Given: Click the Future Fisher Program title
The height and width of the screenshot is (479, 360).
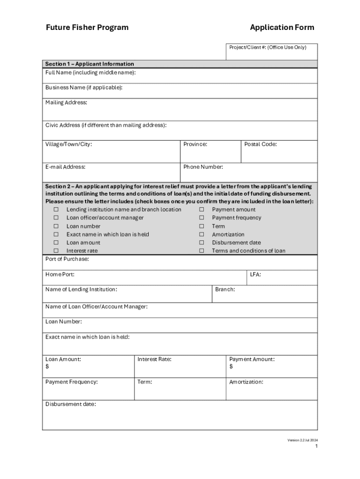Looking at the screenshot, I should tap(87, 28).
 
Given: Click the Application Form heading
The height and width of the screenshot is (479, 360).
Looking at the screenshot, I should tap(282, 28).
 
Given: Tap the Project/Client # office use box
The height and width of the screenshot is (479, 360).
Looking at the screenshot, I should tap(272, 52).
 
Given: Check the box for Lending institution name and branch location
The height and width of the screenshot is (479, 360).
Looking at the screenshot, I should tap(56, 210).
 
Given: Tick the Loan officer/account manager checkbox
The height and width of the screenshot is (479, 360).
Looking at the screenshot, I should tap(56, 218).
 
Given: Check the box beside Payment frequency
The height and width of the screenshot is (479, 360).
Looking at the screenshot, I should tap(202, 218).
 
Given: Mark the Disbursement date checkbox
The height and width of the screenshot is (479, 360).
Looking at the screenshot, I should tap(202, 243).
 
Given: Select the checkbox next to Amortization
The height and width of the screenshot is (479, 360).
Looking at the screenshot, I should tap(202, 234).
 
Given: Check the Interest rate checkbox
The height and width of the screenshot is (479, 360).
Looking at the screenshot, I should tap(56, 251).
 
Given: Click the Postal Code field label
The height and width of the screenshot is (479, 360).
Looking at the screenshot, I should tap(260, 144).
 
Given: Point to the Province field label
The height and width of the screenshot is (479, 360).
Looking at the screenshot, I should tap(195, 144).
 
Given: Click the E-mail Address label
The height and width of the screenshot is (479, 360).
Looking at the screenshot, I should tap(65, 167).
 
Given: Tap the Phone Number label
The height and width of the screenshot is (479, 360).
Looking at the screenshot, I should tap(203, 167).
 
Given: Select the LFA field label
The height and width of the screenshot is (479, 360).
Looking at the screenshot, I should tap(255, 275).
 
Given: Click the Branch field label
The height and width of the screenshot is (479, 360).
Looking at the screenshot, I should tap(225, 290).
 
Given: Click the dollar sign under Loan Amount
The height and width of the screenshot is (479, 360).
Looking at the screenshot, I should tap(47, 367).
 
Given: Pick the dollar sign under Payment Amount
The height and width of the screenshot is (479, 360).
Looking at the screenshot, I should tap(231, 367).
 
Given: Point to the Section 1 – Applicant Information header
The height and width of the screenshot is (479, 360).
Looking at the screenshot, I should tap(89, 64).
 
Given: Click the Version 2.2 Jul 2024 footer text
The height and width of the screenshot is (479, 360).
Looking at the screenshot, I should tap(302, 440).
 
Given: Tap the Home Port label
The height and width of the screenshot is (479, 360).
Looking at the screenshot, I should tap(60, 275).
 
